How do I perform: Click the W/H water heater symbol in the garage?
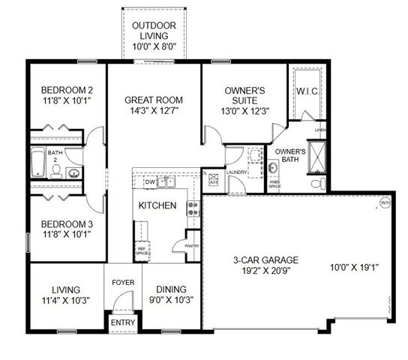tap(385, 202)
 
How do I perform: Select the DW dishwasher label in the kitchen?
tap(149, 182)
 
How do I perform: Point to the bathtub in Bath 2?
tap(38, 161)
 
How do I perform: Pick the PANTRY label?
tap(191, 245)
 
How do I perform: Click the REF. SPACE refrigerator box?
tap(142, 252)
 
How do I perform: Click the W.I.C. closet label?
tap(307, 91)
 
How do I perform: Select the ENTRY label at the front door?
tap(122, 322)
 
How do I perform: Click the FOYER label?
tap(122, 283)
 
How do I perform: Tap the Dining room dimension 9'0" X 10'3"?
tap(170, 300)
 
